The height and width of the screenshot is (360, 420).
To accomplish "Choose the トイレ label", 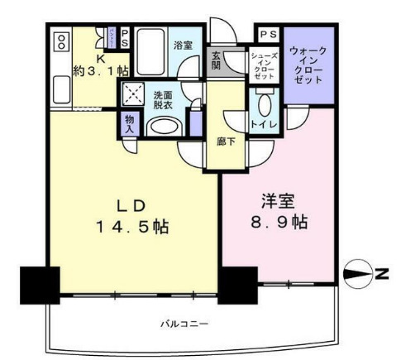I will tap(265, 127).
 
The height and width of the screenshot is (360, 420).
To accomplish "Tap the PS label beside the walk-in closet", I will tap(266, 35).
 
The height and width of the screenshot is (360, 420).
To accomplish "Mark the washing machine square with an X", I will tap(132, 94).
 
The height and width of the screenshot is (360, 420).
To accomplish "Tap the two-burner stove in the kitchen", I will tap(61, 42).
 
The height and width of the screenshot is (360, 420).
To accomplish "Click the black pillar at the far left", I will tap(40, 286).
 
